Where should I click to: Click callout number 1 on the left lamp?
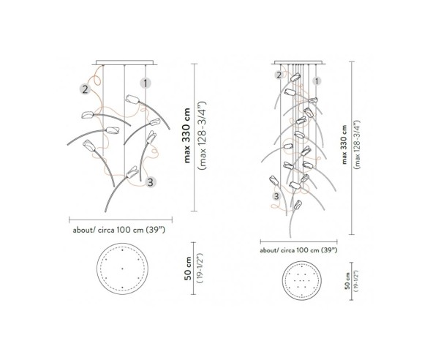click(x=146, y=84)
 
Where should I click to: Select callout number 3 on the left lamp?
click(x=149, y=181)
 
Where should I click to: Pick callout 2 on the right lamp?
click(x=279, y=75)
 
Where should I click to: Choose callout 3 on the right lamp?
click(x=276, y=196)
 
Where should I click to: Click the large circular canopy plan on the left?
click(x=121, y=271)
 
